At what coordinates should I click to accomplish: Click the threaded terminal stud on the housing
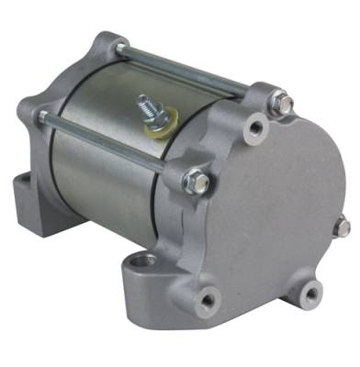click(x=144, y=101)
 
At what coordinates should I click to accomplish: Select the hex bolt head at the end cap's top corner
click(x=282, y=106)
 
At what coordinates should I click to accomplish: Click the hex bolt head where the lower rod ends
click(x=196, y=182)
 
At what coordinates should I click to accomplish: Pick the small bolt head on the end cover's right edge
click(x=343, y=226)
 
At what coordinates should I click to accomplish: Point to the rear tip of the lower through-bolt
click(x=41, y=117)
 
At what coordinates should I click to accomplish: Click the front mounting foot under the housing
click(x=147, y=280)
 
